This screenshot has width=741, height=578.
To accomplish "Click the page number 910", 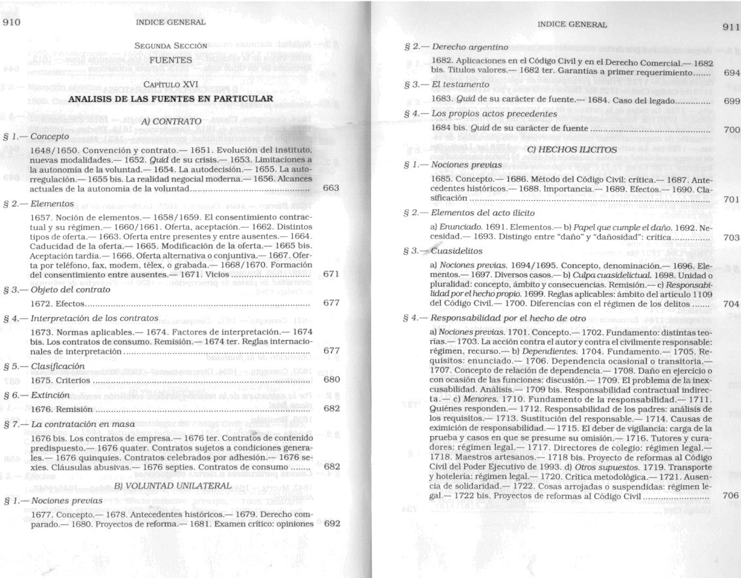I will coord(12,22).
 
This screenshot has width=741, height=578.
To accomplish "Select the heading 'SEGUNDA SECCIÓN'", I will coord(171,46).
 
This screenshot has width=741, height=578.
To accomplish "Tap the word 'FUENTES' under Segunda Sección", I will coord(170,59).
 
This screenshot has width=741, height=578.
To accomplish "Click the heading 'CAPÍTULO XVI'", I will coord(171,85).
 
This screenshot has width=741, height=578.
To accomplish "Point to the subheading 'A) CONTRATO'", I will coord(171,121).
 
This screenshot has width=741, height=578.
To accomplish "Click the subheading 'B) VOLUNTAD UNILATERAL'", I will coord(173,486).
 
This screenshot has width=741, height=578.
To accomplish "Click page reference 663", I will coord(331,188).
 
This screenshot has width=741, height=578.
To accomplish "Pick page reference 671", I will coord(331,275).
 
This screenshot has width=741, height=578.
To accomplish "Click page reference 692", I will coord(332,524).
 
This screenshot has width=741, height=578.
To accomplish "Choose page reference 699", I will coord(732,101).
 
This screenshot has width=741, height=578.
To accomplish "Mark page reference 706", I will coord(731,495).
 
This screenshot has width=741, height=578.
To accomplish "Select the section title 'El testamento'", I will coord(460,84).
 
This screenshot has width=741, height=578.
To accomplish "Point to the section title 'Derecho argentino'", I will coord(470,47).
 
